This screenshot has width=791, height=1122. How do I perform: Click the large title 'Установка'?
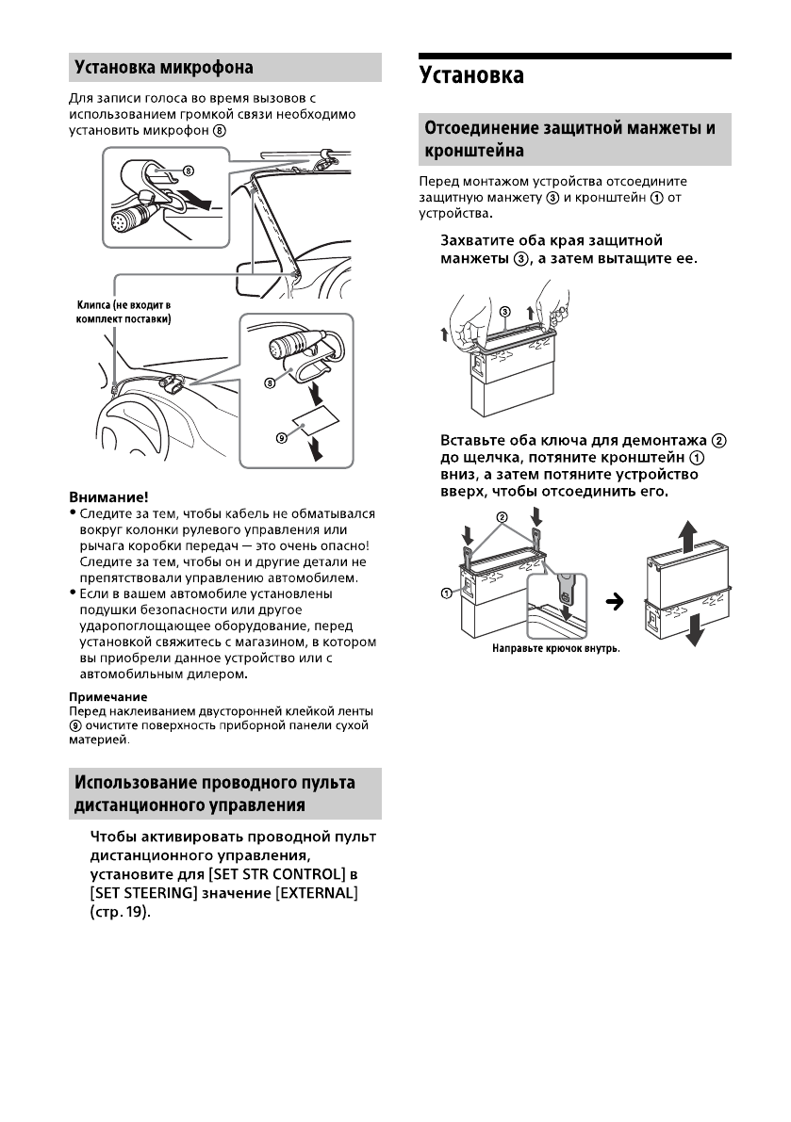[x=471, y=75]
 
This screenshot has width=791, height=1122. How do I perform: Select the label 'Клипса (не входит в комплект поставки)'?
[x=123, y=313]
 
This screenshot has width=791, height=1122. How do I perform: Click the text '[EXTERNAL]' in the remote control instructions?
[x=314, y=892]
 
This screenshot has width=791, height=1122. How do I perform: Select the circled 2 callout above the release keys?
[x=503, y=516]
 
